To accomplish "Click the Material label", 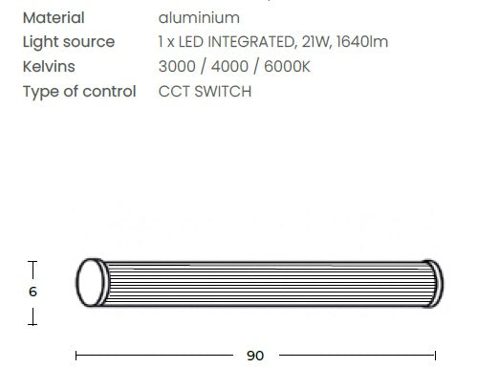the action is [54, 17].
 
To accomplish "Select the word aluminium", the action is [199, 17].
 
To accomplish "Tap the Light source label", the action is [69, 42].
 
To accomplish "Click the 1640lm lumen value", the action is [362, 42].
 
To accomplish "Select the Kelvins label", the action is [49, 67].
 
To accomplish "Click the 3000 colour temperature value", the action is [177, 67].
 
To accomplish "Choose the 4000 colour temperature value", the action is [229, 67].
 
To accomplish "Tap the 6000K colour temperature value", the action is [287, 67].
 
